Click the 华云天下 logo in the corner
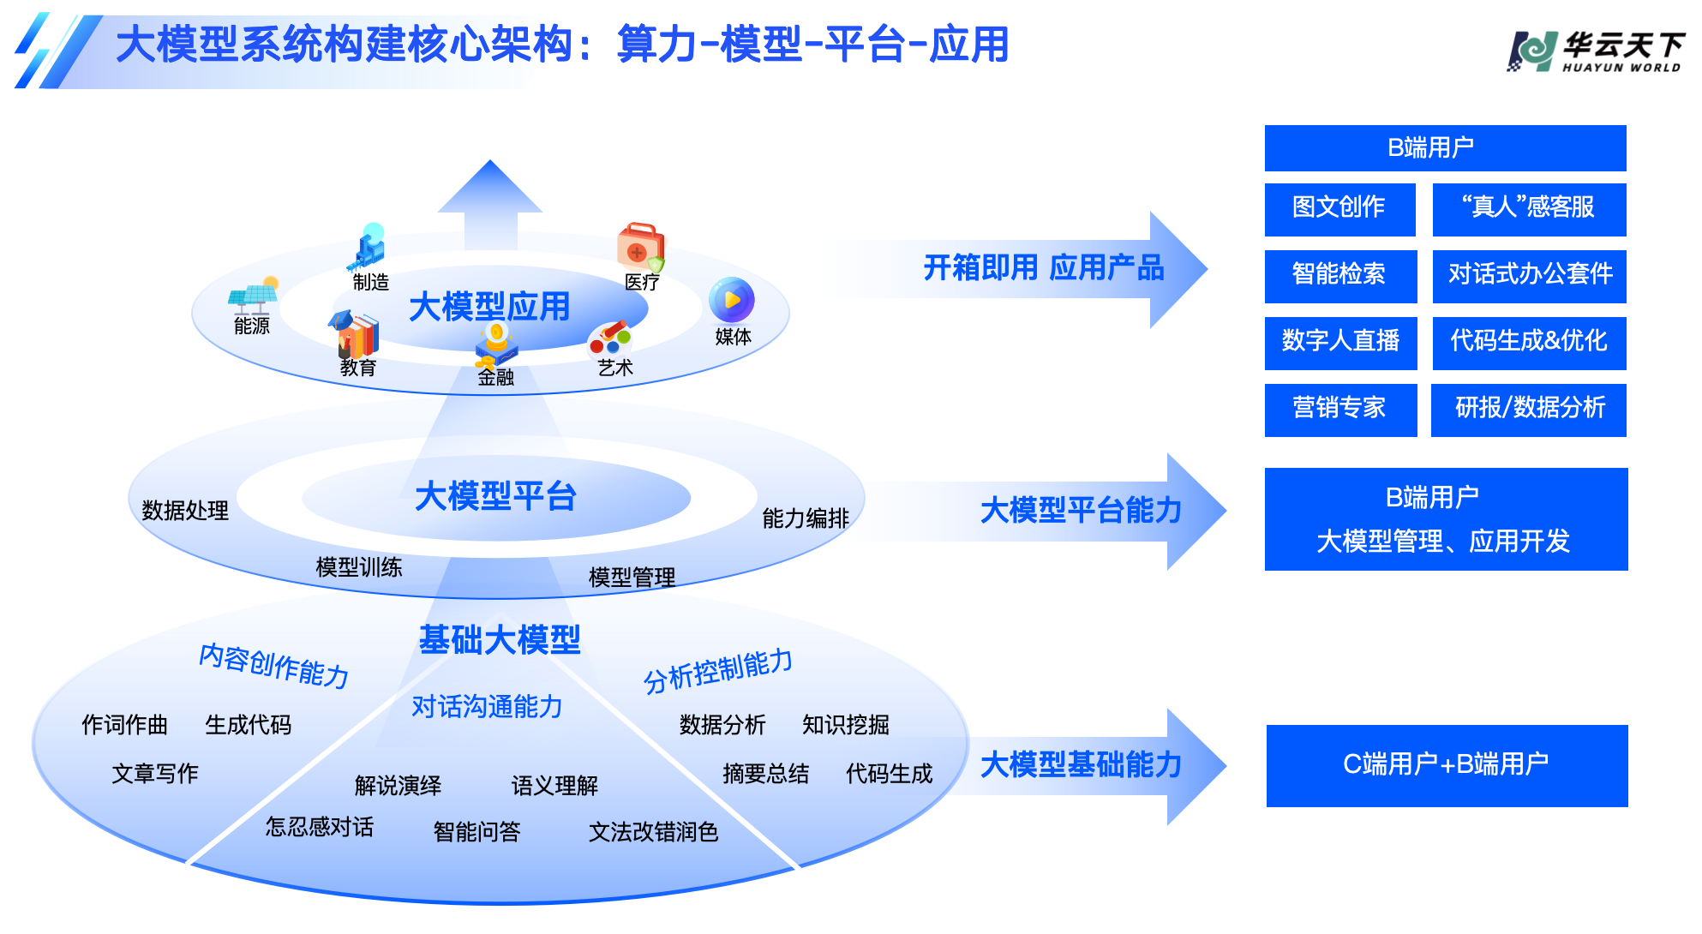[x=1596, y=51]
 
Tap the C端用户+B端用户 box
[x=1447, y=765]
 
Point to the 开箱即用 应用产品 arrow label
[x=1043, y=269]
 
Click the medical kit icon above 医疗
[x=640, y=247]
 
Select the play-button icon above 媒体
[x=731, y=300]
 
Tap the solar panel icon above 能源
[x=254, y=296]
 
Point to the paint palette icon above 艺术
[x=610, y=339]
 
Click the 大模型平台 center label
[x=495, y=497]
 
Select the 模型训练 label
[x=359, y=567]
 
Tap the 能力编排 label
[x=805, y=518]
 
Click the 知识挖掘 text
[x=845, y=725]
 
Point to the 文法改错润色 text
[x=653, y=832]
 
